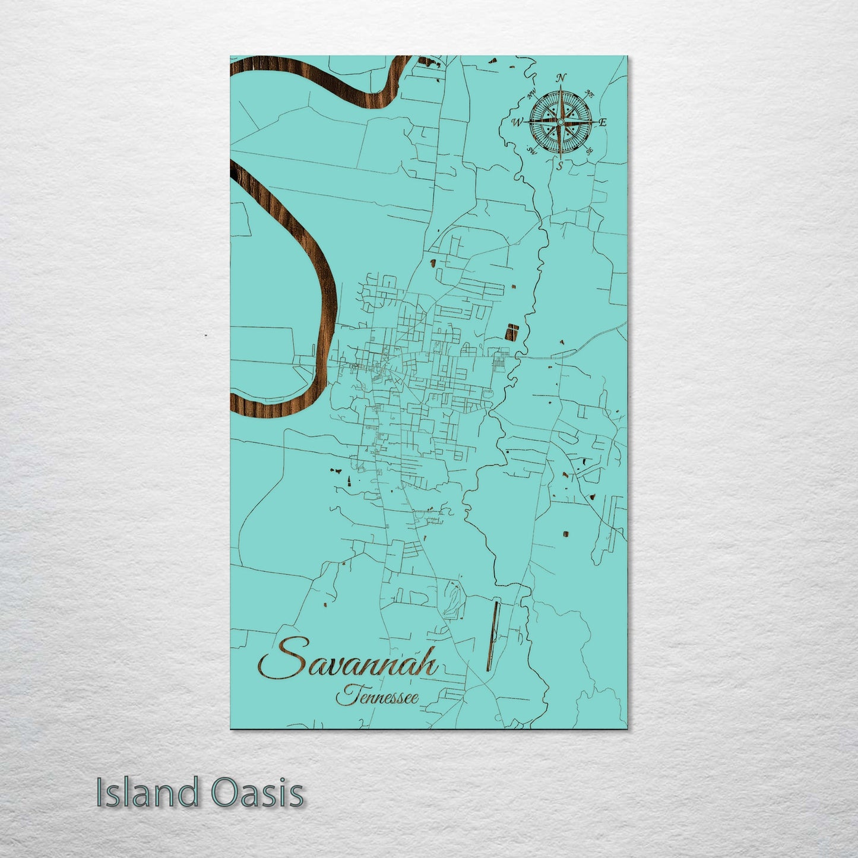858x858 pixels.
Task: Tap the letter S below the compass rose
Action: click(559, 166)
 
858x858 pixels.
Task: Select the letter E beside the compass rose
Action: click(602, 123)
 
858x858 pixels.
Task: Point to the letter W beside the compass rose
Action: click(515, 123)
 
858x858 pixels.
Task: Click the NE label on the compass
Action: click(590, 93)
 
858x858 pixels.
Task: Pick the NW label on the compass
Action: click(531, 91)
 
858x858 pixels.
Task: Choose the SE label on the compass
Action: click(589, 151)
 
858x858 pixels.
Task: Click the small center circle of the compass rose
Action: click(559, 122)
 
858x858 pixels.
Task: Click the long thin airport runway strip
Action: click(492, 636)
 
